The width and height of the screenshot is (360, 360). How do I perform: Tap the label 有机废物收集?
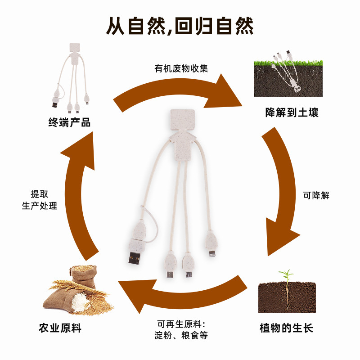(181, 69)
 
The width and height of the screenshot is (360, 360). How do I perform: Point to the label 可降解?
(316, 195)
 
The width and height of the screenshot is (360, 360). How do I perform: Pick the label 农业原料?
(60, 328)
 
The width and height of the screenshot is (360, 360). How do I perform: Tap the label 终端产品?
(69, 122)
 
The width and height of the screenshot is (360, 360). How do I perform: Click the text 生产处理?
(40, 206)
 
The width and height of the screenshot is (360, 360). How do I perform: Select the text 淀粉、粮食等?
(181, 335)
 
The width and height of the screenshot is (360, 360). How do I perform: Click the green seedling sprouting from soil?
(285, 274)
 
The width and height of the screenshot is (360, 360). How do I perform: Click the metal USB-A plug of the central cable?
(135, 259)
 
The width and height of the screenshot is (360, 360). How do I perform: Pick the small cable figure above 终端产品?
(70, 76)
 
